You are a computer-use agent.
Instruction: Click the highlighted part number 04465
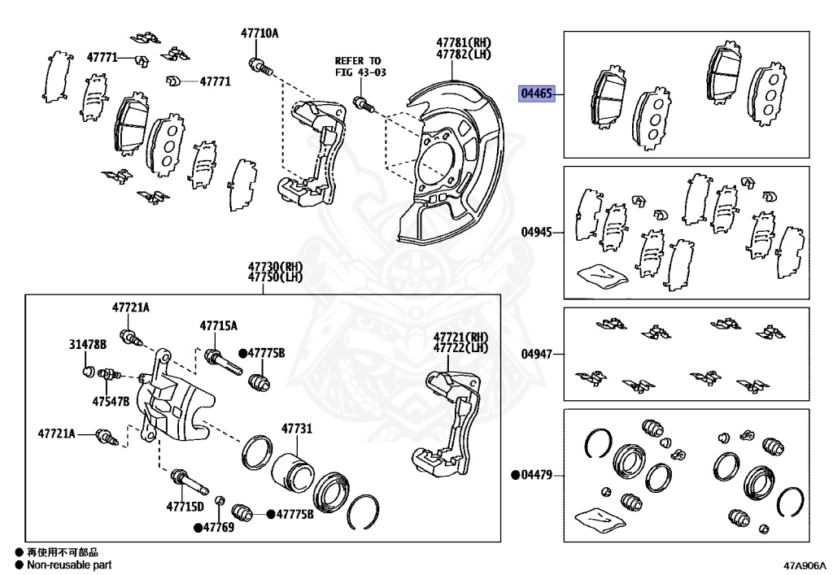pos(537,94)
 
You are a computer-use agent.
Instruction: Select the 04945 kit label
pos(537,232)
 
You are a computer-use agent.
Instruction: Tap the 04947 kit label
pos(537,354)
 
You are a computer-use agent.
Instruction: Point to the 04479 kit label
pos(537,474)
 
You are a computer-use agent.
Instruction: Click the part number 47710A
pos(259,33)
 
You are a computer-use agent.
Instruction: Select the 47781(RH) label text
pos(464,41)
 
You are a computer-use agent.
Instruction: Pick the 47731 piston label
pos(296,429)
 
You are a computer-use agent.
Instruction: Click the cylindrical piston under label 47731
pos(291,473)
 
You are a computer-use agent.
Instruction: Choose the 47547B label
pos(111,401)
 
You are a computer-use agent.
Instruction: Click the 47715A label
pos(219,325)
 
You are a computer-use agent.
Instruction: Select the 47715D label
pos(185,507)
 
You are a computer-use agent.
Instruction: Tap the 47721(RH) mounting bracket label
pos(460,337)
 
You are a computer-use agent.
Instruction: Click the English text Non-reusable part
pos(68,564)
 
